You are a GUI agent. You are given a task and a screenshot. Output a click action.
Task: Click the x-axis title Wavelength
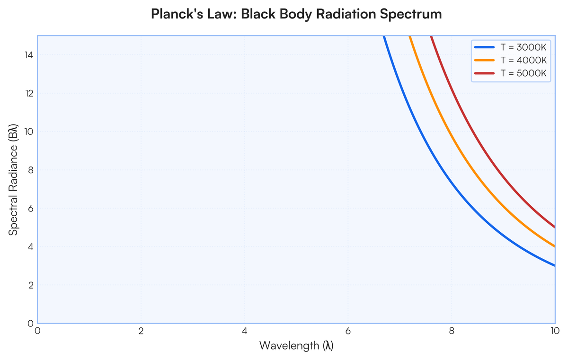coord(296,346)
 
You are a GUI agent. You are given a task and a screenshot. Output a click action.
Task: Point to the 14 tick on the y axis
coord(29,55)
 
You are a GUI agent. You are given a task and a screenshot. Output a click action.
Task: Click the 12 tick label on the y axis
coord(29,93)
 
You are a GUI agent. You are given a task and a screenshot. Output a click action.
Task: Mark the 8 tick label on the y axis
coord(30,170)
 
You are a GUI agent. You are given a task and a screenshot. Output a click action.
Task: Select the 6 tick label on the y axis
coord(30,208)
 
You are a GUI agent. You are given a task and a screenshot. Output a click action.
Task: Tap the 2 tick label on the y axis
coord(30,285)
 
